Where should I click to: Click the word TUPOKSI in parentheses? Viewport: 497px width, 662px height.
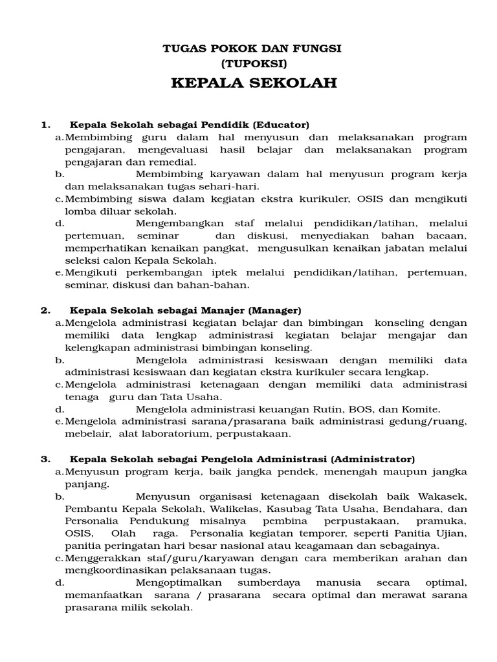253,64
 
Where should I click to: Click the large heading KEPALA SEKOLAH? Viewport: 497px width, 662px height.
253,84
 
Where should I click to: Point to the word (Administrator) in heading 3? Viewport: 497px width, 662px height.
373,458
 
